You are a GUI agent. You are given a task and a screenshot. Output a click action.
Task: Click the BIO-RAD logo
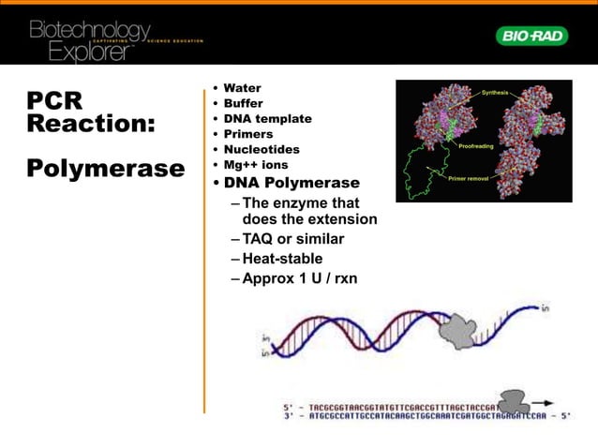531,36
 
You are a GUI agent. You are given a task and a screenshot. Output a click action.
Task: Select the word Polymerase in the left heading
105,169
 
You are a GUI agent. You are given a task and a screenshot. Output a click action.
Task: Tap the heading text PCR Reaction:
90,112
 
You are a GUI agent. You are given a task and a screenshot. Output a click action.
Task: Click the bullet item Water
242,88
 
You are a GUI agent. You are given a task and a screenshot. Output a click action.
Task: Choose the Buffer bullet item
243,103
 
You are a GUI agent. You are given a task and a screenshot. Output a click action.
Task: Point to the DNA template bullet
267,119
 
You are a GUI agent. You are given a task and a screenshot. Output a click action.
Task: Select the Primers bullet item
248,134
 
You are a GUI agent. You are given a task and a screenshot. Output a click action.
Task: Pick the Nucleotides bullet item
262,149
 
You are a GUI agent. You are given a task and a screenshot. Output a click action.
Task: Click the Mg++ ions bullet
256,165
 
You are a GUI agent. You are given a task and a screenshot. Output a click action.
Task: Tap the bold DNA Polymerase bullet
291,183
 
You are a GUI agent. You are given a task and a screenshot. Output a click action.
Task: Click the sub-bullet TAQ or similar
292,239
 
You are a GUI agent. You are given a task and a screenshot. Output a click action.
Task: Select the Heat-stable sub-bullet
282,259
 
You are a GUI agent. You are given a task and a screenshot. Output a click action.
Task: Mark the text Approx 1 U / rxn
299,278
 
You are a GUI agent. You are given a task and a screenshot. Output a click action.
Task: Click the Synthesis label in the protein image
496,93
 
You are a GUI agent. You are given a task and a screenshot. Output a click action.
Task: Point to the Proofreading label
477,147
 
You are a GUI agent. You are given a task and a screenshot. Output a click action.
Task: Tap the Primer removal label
471,177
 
